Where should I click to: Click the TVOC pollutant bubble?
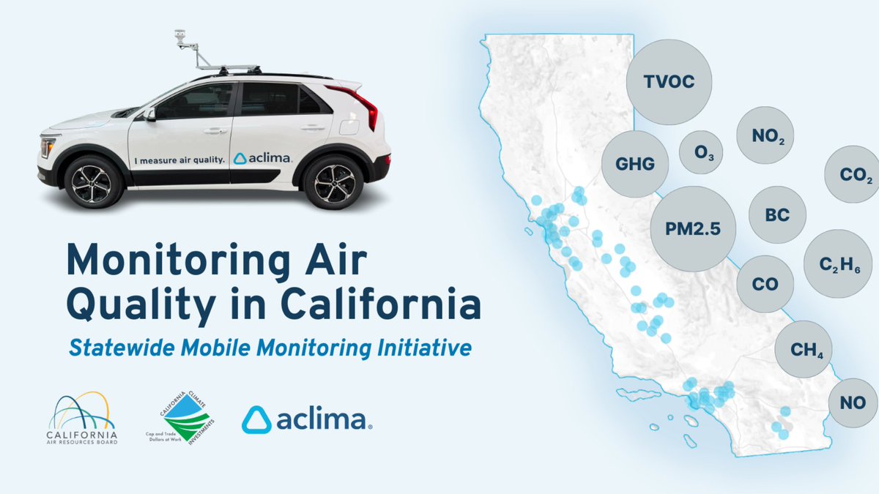670,82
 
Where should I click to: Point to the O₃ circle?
701,152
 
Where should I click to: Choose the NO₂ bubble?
765,135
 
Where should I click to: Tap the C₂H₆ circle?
833,264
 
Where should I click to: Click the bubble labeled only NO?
853,403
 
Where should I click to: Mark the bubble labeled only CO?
765,285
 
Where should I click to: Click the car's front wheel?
93,181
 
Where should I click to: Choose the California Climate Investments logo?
178,417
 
